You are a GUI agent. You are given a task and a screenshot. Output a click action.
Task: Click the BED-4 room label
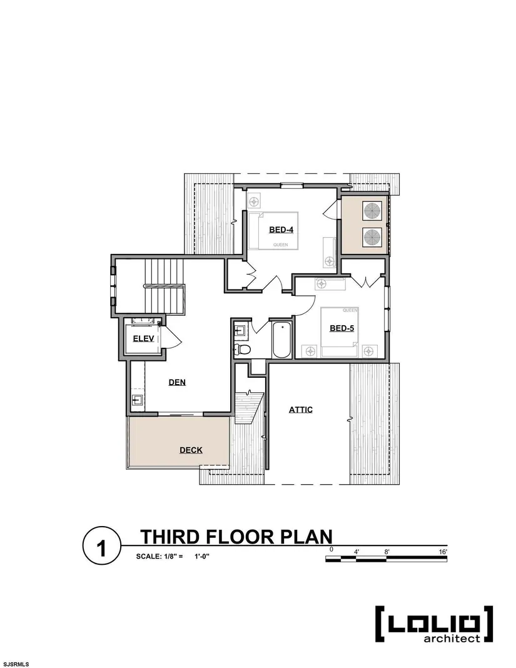[281, 230]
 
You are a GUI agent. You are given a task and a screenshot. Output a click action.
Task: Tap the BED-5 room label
[341, 328]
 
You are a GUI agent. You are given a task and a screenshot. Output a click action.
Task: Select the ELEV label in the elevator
[144, 338]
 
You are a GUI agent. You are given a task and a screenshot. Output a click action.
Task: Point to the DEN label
[177, 382]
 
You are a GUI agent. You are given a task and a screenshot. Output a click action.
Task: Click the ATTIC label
[301, 410]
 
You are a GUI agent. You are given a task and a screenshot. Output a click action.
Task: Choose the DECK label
[191, 450]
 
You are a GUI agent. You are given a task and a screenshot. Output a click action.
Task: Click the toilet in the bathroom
[243, 350]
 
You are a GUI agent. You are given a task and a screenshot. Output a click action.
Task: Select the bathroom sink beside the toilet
[240, 331]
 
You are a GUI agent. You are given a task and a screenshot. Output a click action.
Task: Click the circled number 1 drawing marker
[102, 548]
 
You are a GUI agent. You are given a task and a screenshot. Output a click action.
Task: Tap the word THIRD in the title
[169, 537]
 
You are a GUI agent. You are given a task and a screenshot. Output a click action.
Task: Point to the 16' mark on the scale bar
[443, 552]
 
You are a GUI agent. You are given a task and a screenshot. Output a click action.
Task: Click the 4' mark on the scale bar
[357, 552]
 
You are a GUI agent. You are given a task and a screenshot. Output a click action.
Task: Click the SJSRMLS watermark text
[15, 664]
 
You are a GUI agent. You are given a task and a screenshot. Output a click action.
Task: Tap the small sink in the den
[137, 400]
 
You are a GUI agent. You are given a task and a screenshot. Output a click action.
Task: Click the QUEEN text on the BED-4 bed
[280, 245]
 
